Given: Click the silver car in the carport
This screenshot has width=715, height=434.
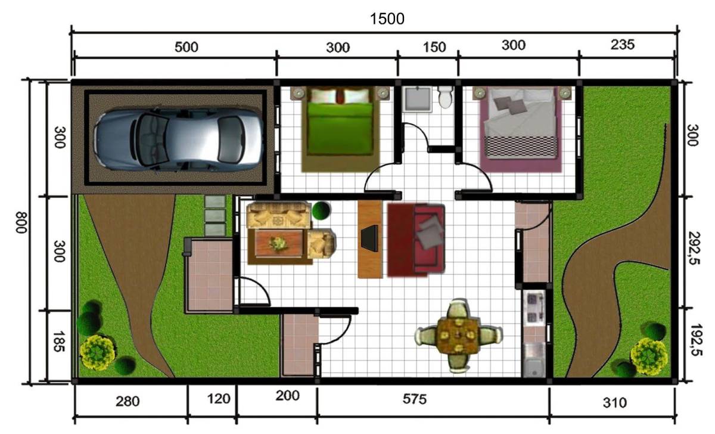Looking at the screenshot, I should tap(179, 137).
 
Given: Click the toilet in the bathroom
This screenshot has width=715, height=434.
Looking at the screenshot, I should tap(444, 97).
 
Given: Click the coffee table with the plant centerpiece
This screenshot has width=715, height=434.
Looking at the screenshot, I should tap(278, 243).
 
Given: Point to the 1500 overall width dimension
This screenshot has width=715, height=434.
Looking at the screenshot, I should tap(387, 18).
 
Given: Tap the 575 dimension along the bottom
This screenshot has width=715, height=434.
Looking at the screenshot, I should tap(414, 400).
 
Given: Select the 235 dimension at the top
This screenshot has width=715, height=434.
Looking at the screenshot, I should tap(623, 44).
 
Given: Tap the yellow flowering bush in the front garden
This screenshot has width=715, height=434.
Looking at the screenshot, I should tap(97, 352).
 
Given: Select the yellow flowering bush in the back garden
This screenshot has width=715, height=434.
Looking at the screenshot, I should tap(648, 356).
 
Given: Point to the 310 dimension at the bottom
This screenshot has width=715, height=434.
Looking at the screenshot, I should tap(614, 403).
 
